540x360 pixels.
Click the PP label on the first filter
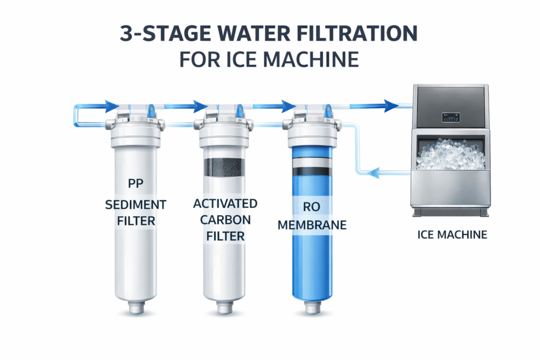[x=136, y=183]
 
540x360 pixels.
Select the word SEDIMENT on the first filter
[x=136, y=205]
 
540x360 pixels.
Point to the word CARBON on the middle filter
[x=225, y=220]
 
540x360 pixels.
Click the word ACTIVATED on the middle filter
[x=225, y=203]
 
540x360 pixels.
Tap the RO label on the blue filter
[x=312, y=207]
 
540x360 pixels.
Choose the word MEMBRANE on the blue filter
[x=312, y=225]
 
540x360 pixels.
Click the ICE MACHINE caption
[x=452, y=235]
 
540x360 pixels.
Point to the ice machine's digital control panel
[x=451, y=118]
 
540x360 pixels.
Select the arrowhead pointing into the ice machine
[x=392, y=105]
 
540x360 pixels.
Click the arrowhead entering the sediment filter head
[x=112, y=106]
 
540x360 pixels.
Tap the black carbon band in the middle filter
[x=224, y=167]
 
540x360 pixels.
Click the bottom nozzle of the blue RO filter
[x=313, y=307]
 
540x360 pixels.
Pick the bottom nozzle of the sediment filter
[x=137, y=307]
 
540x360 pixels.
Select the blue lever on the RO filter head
[x=328, y=111]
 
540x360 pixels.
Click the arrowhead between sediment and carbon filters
[x=200, y=106]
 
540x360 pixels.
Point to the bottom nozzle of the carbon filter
[x=225, y=307]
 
